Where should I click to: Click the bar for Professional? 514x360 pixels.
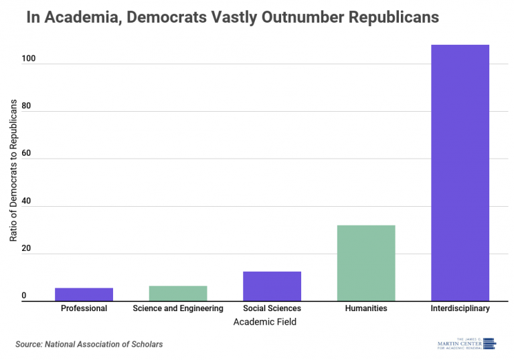84,294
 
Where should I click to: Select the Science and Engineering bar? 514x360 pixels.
177,293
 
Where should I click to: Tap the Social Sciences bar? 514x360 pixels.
272,286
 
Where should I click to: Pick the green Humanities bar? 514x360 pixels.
365,263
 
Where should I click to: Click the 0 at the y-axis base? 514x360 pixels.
23,296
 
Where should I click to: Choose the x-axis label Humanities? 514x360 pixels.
365,308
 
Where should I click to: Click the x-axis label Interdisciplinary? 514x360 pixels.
460,308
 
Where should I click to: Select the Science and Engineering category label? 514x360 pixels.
177,308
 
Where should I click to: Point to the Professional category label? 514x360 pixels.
84,308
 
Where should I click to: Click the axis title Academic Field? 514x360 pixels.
264,322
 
